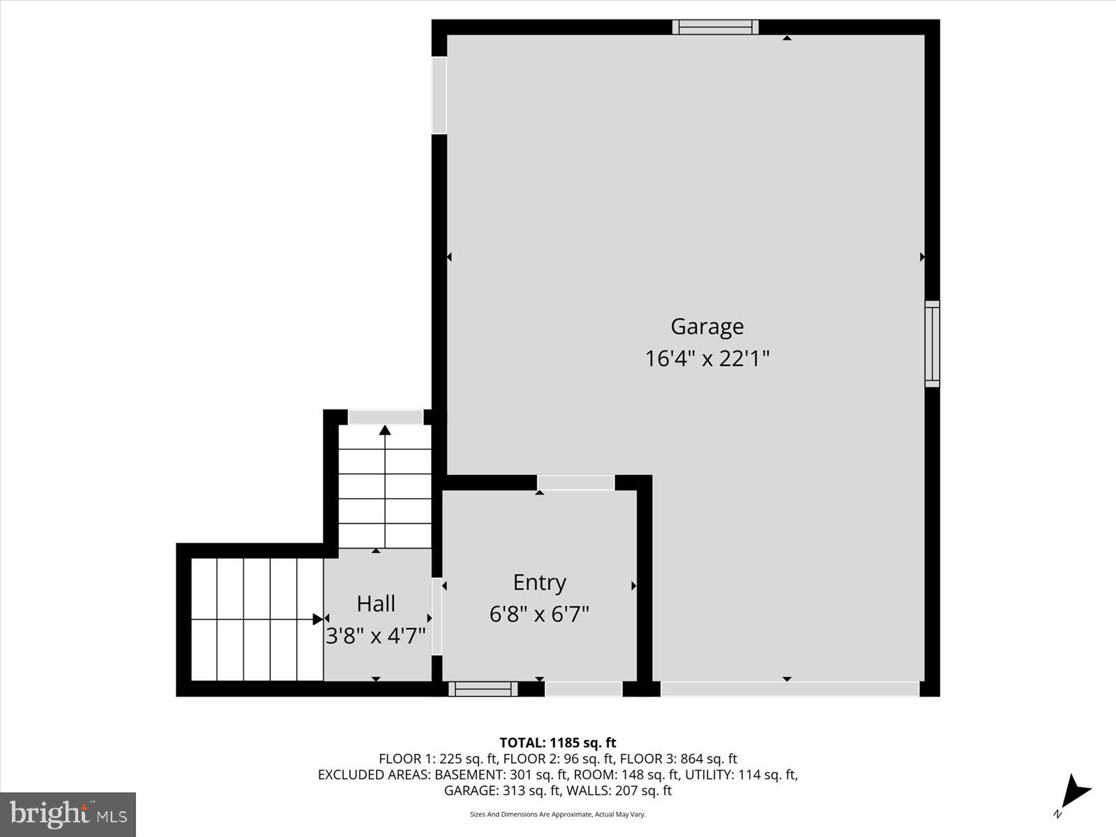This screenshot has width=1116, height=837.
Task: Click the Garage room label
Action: pos(707,326)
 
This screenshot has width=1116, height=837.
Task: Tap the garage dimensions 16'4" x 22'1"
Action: pos(707,359)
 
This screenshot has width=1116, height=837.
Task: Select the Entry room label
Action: pos(539,582)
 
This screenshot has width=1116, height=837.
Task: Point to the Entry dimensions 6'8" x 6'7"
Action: pos(539,614)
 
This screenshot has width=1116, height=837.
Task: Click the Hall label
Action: pos(376,604)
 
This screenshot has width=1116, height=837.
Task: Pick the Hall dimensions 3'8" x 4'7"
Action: pos(376,636)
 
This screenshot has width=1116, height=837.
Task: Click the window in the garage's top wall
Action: pos(715,27)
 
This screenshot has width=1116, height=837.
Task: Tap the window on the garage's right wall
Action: pos(932,344)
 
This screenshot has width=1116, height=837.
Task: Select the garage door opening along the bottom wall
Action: pos(790,689)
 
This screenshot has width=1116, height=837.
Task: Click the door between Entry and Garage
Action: pos(575,483)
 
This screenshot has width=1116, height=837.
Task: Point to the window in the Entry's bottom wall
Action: pos(483,689)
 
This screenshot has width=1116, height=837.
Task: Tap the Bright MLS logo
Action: pos(68,814)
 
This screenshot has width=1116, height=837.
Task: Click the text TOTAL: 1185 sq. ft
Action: pos(558,743)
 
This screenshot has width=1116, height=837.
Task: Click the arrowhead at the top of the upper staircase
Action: pos(385,430)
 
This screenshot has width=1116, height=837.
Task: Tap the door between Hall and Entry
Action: pos(437,617)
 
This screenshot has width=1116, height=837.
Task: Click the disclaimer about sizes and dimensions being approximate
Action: pos(558,814)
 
